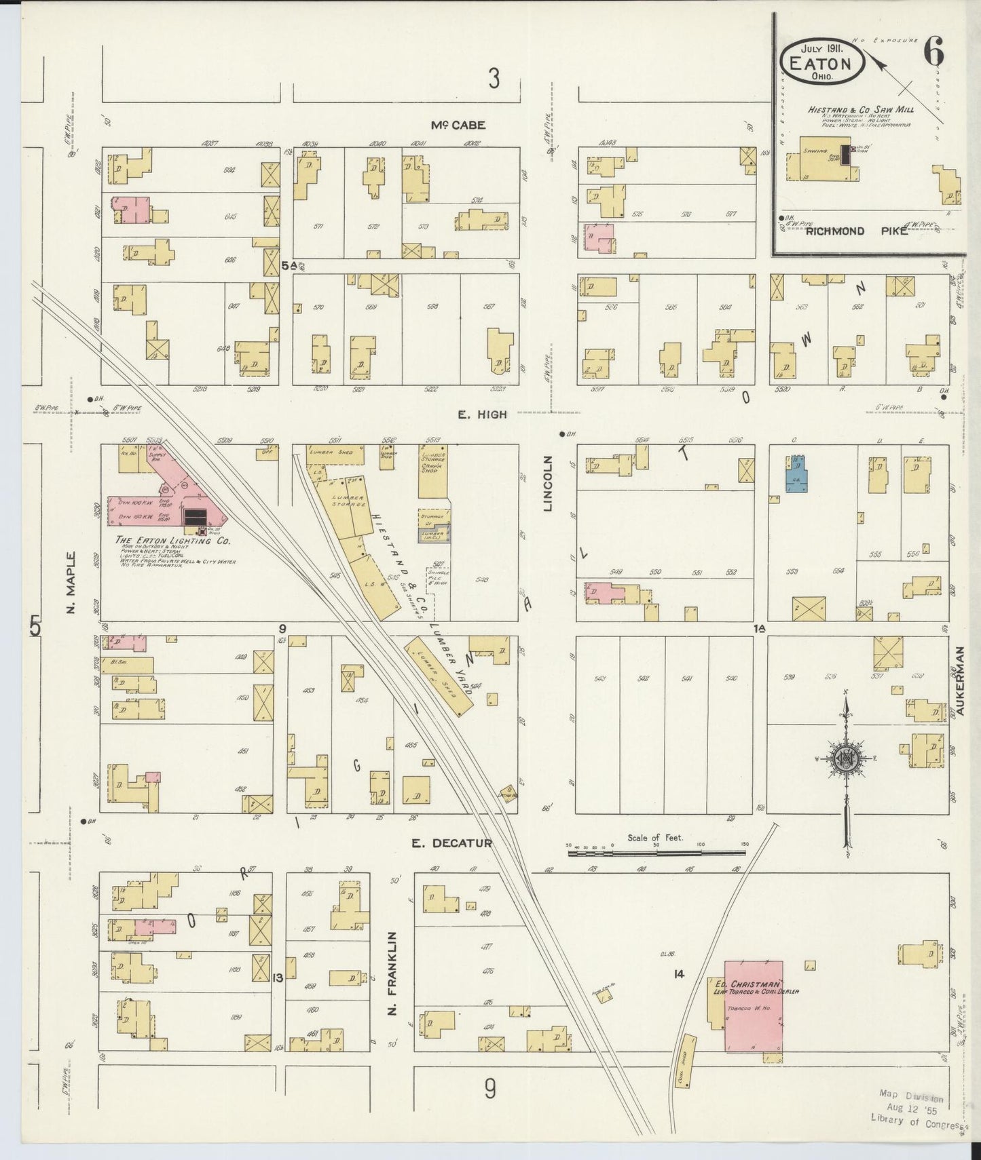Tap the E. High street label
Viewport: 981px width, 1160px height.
tap(482, 414)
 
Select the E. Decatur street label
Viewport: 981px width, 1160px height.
tap(452, 843)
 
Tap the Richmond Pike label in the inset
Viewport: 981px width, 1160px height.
tap(835, 231)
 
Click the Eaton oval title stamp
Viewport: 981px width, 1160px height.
tap(821, 62)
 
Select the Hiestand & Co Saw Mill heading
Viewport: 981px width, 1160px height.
tap(860, 109)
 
